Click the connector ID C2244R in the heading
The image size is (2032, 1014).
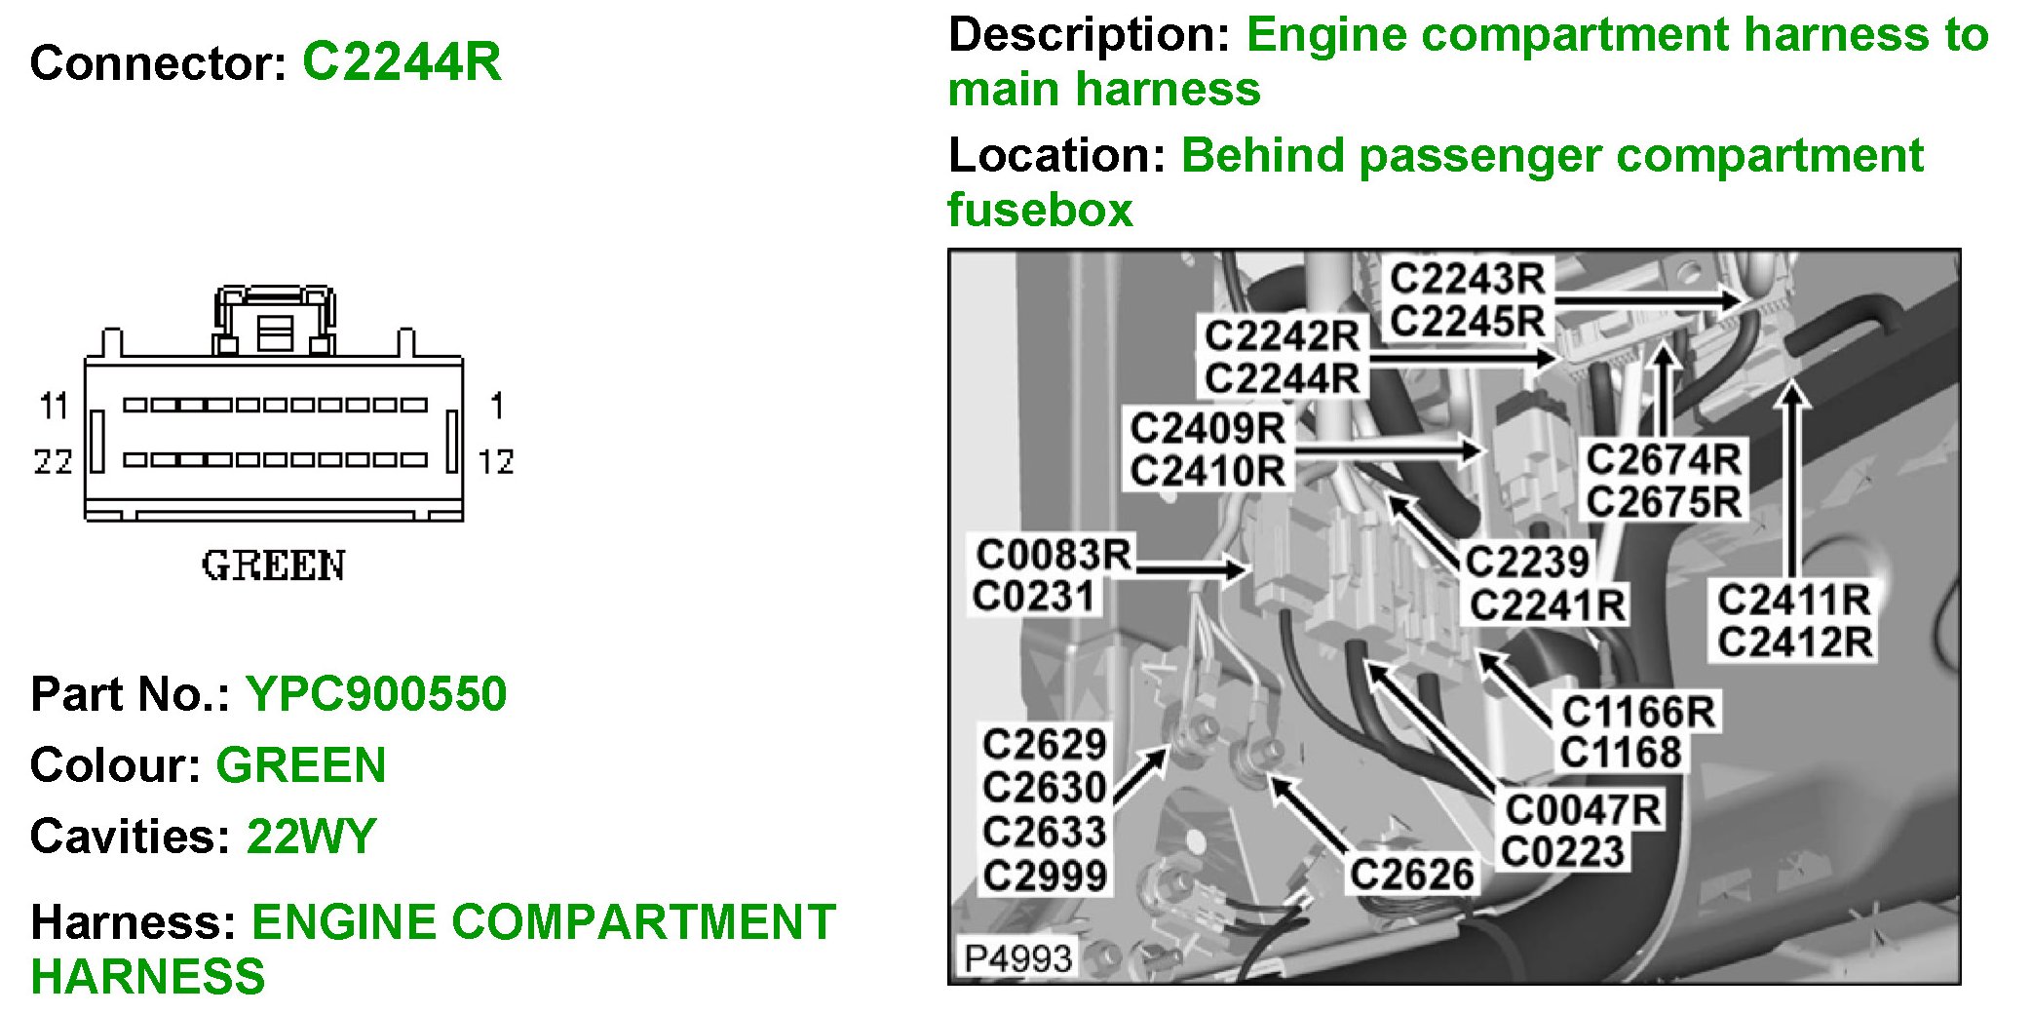tap(402, 62)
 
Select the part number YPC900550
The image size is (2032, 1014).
tap(376, 694)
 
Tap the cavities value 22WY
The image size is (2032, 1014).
tap(311, 837)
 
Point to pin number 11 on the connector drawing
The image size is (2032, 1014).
tap(54, 406)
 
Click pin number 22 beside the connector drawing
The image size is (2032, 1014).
tap(53, 461)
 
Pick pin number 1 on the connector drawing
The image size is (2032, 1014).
tap(497, 406)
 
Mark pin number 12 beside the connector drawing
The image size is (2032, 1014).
tap(496, 461)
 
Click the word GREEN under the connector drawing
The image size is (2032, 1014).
tap(273, 566)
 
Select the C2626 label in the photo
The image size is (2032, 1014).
tap(1410, 875)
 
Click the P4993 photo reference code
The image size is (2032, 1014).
tap(1017, 958)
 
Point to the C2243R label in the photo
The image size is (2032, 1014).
tap(1467, 279)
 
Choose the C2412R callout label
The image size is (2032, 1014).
tap(1794, 643)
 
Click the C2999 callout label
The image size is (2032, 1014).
tap(1044, 876)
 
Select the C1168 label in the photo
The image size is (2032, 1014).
tap(1620, 753)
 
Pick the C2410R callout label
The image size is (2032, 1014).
tap(1207, 471)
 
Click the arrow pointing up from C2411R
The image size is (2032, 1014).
tap(1791, 478)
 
